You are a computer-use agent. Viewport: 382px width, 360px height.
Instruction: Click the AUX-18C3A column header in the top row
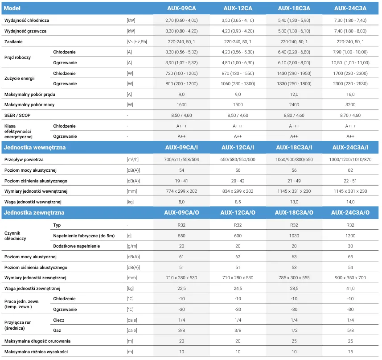click(294, 8)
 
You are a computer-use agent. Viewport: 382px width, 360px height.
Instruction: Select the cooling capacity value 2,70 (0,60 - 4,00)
click(181, 20)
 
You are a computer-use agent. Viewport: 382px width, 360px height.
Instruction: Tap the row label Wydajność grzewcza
click(25, 31)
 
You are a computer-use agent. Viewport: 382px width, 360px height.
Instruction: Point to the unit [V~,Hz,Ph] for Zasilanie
click(137, 41)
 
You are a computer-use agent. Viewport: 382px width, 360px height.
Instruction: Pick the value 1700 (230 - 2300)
click(350, 73)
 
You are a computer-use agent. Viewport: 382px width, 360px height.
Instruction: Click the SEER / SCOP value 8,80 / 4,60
click(294, 115)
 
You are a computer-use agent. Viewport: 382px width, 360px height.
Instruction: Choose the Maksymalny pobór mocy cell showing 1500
click(238, 104)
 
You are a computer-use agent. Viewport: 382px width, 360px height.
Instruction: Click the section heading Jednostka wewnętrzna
click(35, 148)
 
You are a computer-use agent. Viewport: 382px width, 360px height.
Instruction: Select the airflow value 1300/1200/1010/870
click(350, 160)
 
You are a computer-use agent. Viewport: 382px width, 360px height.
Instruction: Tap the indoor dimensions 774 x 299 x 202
click(181, 191)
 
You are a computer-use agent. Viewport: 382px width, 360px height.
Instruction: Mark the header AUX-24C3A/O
click(350, 212)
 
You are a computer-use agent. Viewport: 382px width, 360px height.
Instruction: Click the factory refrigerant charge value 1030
click(294, 236)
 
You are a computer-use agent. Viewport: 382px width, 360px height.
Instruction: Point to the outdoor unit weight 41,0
click(350, 288)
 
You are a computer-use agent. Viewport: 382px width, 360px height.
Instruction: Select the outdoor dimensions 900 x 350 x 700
click(350, 277)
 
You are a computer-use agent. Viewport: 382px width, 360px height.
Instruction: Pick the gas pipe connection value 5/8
click(350, 330)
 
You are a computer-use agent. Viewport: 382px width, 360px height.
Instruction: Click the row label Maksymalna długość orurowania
click(37, 341)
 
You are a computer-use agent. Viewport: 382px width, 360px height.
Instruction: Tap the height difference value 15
click(350, 352)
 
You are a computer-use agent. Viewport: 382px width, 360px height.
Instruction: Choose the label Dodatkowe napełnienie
click(77, 246)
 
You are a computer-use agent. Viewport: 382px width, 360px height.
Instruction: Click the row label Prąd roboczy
click(17, 57)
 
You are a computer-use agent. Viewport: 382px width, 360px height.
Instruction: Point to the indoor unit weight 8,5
click(238, 202)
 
